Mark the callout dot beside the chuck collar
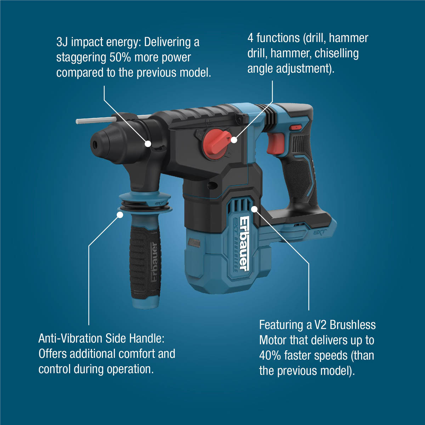click(148, 143)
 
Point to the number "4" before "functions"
click(250, 38)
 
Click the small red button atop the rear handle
click(295, 127)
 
